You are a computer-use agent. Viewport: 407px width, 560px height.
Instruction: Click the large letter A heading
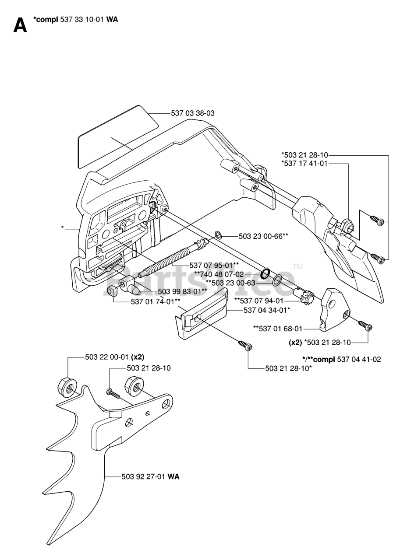click(20, 25)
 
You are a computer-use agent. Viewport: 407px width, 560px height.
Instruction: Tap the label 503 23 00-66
click(263, 236)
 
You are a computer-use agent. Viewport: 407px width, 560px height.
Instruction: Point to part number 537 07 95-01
click(213, 265)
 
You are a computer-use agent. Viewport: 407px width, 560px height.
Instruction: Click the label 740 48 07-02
click(219, 274)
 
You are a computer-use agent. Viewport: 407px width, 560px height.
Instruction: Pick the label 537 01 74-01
click(155, 301)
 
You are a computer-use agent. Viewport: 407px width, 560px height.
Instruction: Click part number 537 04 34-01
click(267, 311)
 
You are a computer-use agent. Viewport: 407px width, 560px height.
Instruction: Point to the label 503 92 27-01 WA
click(150, 477)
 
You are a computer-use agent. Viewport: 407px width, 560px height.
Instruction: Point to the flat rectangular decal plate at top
click(117, 136)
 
